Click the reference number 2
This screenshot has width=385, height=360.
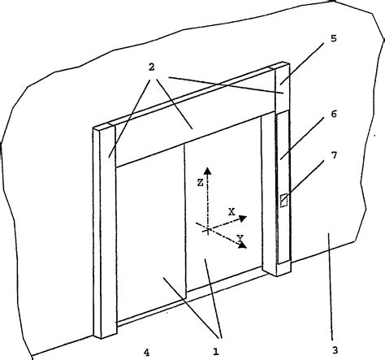point(152,67)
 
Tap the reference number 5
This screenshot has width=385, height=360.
point(334,38)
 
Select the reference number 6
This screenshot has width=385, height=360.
point(334,114)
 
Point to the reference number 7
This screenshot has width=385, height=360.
point(335,155)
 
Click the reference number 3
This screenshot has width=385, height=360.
point(335,350)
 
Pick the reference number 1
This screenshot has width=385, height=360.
point(216,352)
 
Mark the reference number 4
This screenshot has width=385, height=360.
point(146,352)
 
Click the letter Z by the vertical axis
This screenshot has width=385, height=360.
point(200,183)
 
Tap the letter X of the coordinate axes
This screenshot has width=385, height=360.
point(231,212)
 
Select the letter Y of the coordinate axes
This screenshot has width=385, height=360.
point(240,238)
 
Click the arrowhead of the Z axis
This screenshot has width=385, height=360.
point(207,171)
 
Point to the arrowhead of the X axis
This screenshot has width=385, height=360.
point(243,218)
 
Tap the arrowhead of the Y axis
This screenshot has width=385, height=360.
point(243,245)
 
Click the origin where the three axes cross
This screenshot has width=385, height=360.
point(208,230)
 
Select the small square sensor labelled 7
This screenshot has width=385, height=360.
point(283,201)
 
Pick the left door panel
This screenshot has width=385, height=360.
point(151,233)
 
